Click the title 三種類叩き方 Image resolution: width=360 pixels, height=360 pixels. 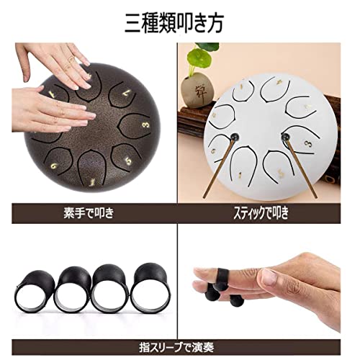179,21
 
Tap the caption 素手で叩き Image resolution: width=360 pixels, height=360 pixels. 89,214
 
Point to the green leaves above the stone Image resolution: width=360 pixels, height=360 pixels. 209,58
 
